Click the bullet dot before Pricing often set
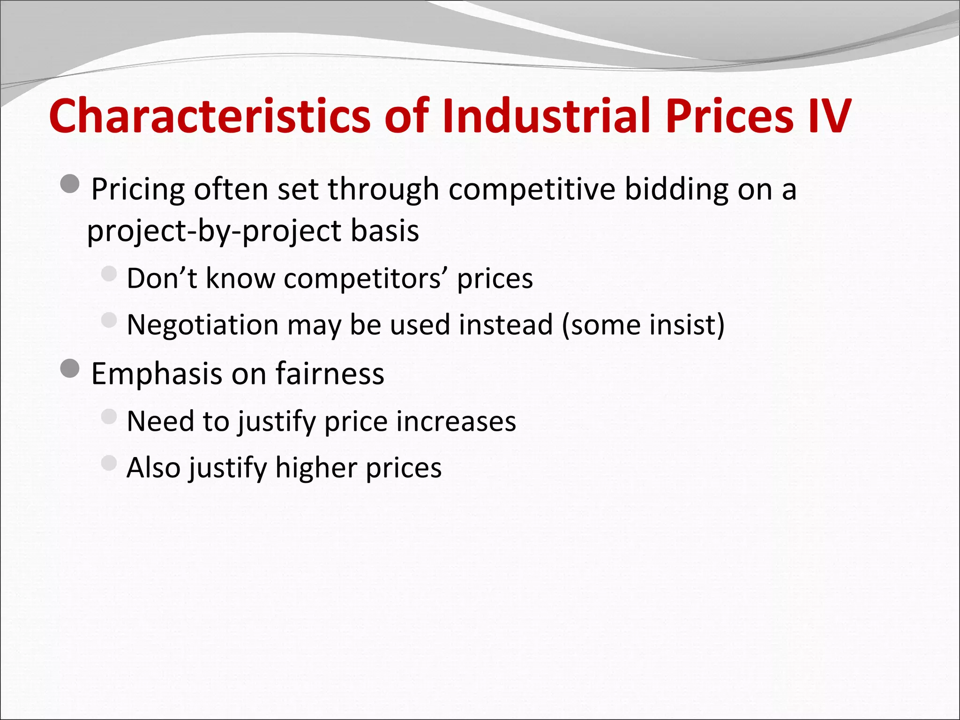(x=70, y=184)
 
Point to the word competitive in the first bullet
(x=532, y=190)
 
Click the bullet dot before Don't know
(x=109, y=274)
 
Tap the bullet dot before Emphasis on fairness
(x=70, y=369)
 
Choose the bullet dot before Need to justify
(x=109, y=416)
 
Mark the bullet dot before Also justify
(x=109, y=463)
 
